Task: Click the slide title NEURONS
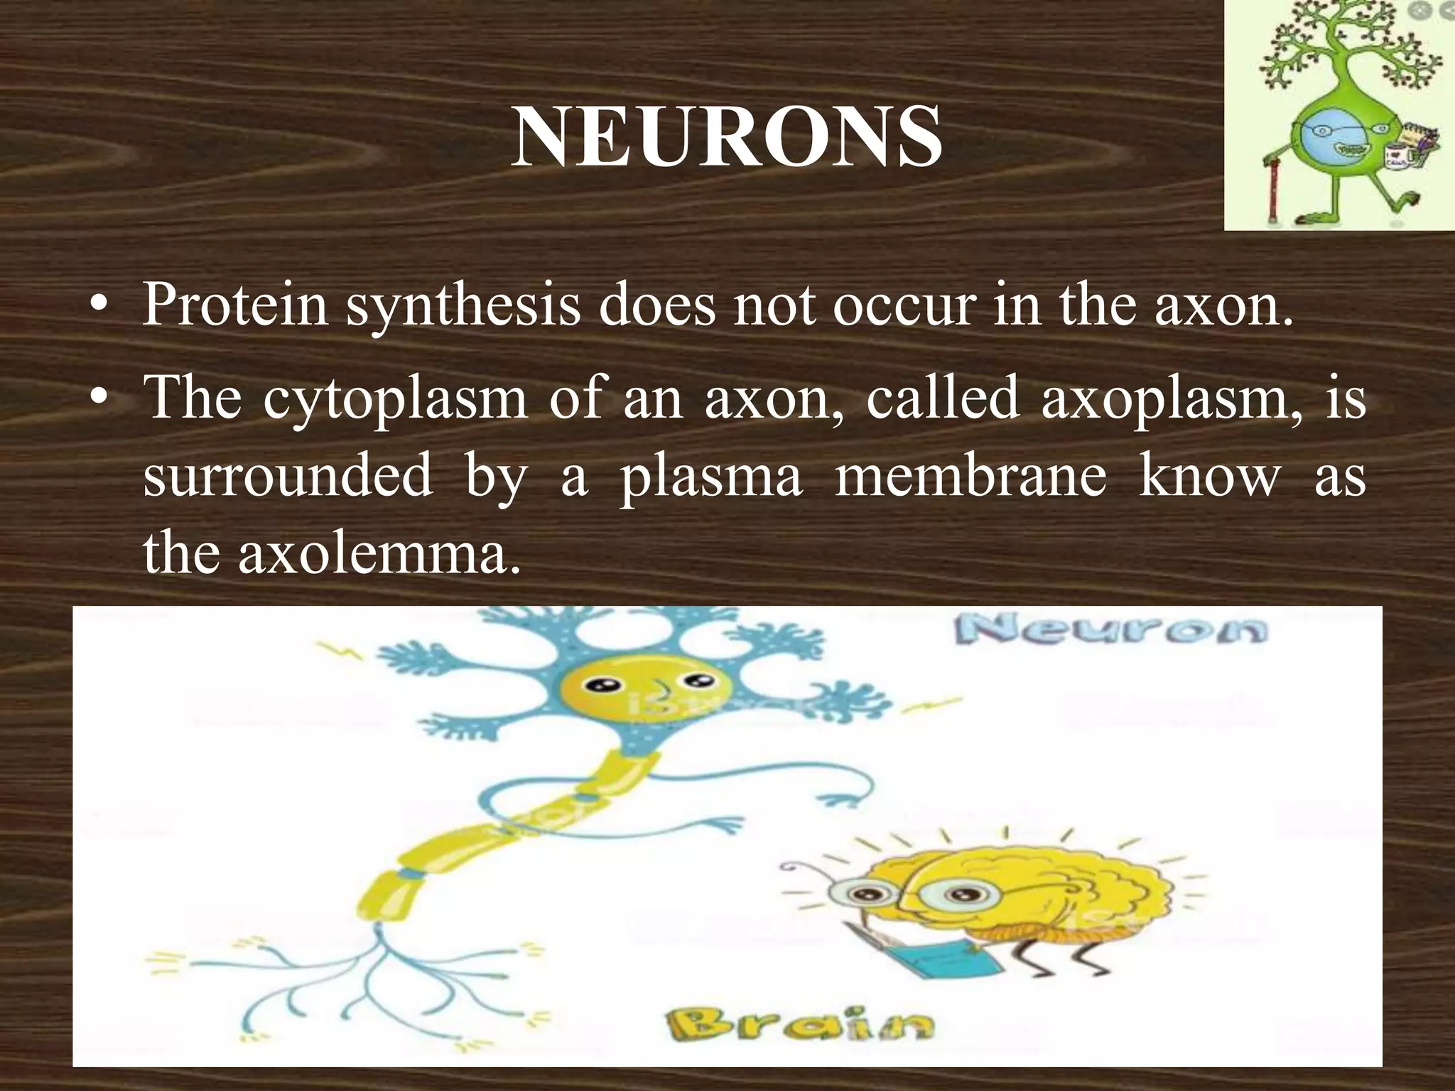pos(727,136)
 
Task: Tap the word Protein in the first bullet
pos(235,305)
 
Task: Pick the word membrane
pos(970,476)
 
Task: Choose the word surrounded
pos(287,476)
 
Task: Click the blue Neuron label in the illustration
pos(1110,630)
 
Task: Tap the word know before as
pos(1208,476)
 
